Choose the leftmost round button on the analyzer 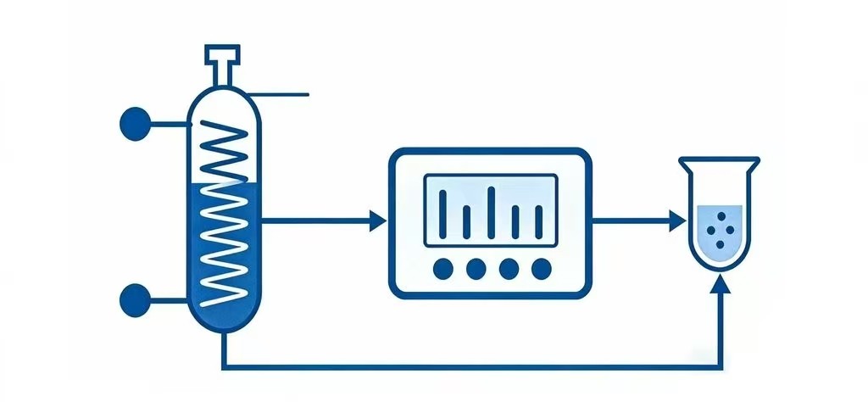pyautogui.click(x=442, y=269)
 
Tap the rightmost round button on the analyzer pyautogui.click(x=541, y=269)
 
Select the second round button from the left pyautogui.click(x=476, y=269)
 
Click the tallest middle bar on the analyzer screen pyautogui.click(x=491, y=208)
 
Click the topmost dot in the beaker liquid pyautogui.click(x=721, y=217)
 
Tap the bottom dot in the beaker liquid pyautogui.click(x=721, y=244)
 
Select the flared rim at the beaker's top pyautogui.click(x=720, y=160)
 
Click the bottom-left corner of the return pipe pyautogui.click(x=223, y=368)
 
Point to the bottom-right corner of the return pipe pyautogui.click(x=721, y=368)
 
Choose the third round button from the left pyautogui.click(x=509, y=269)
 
